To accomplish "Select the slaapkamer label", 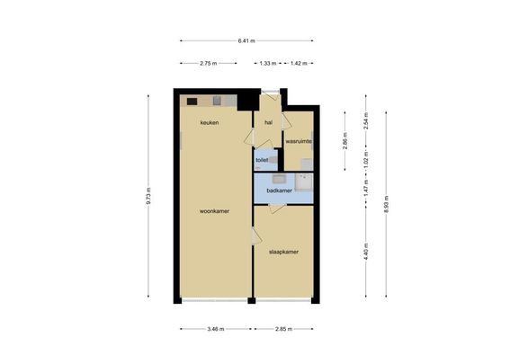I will pos(283,252).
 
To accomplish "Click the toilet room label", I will pos(262,160).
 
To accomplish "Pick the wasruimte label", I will pos(299,142).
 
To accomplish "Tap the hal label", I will pos(268,122).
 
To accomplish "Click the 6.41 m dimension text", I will pos(246,40).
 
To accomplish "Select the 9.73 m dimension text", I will pos(148,196).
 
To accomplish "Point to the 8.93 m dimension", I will pos(387,202).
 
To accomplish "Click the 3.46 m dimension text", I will pos(216,329).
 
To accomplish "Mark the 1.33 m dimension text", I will pos(267,64).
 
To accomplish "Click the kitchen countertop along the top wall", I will pos(209,100).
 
